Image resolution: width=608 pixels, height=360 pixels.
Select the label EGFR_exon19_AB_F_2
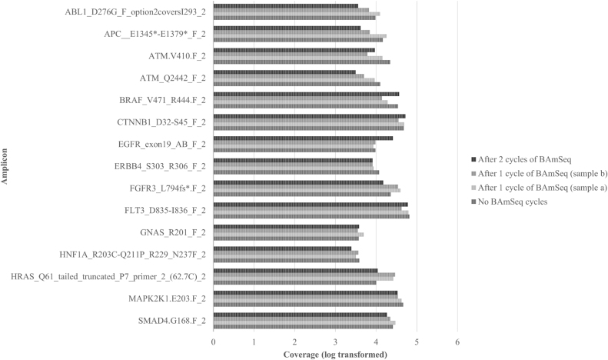coord(163,144)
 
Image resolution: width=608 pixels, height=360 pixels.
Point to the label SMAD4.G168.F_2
coord(170,320)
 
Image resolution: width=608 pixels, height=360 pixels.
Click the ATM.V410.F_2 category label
coord(177,56)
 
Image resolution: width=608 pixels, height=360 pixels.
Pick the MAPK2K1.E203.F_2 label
coord(165,298)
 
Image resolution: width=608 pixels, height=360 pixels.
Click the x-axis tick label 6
coord(457,342)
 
